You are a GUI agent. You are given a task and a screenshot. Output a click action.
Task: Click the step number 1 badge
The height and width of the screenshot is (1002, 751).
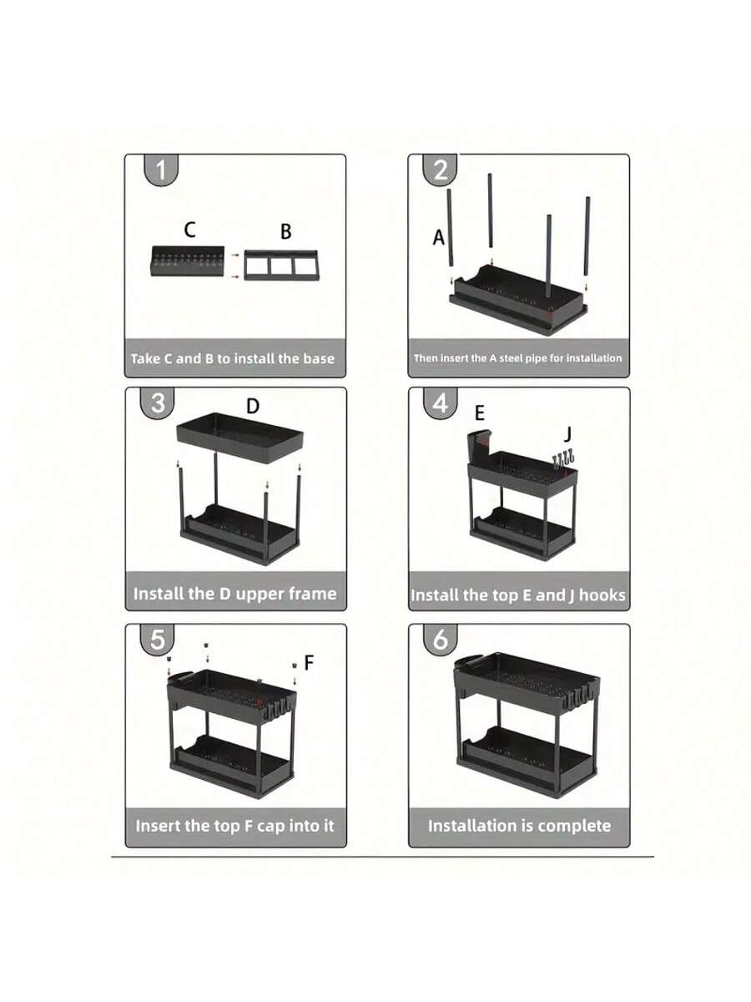[161, 170]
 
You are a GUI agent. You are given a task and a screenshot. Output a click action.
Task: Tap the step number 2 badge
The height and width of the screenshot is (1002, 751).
[441, 170]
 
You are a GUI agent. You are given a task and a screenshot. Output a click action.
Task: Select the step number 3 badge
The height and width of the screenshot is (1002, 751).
[158, 403]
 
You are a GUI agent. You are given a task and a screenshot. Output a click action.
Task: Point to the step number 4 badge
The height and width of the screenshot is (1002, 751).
[441, 403]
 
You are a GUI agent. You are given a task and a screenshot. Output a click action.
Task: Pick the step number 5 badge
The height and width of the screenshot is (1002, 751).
[158, 640]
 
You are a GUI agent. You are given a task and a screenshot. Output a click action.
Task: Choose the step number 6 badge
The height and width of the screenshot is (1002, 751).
[441, 640]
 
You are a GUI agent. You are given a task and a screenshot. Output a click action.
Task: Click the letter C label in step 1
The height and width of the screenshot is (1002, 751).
[189, 229]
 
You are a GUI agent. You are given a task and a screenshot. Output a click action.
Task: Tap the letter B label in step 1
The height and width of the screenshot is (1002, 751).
[286, 231]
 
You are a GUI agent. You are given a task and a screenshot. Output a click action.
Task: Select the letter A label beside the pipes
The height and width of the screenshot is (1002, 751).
[438, 237]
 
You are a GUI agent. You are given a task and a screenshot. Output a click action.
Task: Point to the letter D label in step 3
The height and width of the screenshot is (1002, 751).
[253, 406]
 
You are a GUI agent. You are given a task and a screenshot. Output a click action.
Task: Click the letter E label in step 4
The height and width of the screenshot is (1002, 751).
[479, 413]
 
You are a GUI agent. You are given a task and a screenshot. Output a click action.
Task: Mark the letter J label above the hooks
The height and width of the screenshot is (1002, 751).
[567, 434]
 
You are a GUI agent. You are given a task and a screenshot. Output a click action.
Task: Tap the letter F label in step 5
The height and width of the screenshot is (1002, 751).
[309, 662]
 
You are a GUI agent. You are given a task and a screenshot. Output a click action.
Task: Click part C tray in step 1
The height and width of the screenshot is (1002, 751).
[188, 261]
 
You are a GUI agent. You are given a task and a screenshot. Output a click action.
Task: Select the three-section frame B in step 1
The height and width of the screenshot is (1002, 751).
[282, 266]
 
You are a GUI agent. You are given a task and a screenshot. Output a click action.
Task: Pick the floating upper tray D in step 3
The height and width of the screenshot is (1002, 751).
[239, 438]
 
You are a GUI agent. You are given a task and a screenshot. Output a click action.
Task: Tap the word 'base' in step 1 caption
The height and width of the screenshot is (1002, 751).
[319, 359]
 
